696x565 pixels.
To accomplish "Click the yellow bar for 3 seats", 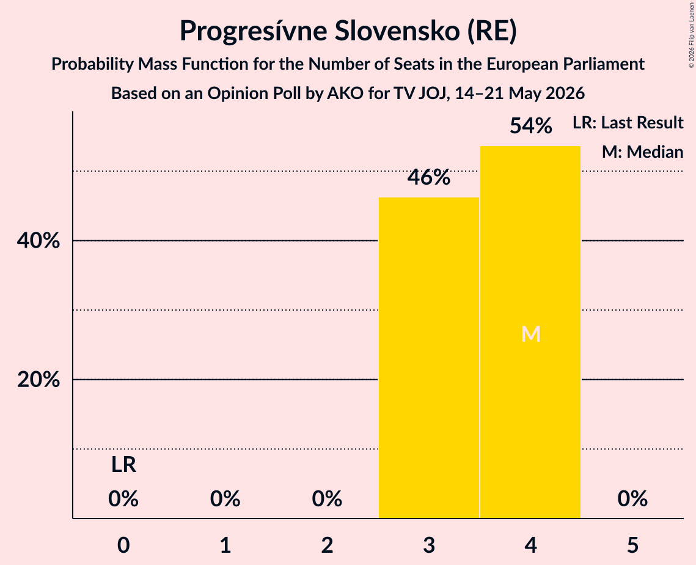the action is pyautogui.click(x=429, y=358).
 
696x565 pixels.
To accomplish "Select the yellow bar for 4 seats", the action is pyautogui.click(x=530, y=332).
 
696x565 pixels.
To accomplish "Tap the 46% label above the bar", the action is pyautogui.click(x=429, y=177).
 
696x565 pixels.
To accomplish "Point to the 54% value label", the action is pyautogui.click(x=531, y=126).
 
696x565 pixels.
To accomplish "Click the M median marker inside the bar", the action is pyautogui.click(x=531, y=334).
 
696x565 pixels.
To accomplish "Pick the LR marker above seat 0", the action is pyautogui.click(x=123, y=465).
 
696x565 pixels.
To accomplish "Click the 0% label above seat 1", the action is pyautogui.click(x=225, y=499).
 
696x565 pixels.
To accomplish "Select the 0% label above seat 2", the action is pyautogui.click(x=327, y=499).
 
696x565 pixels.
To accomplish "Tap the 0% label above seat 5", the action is pyautogui.click(x=632, y=499).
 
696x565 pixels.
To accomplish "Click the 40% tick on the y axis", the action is pyautogui.click(x=38, y=241).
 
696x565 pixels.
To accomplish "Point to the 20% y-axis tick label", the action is pyautogui.click(x=38, y=380).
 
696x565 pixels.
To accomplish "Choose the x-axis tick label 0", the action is pyautogui.click(x=123, y=545).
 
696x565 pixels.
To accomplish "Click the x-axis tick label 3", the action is pyautogui.click(x=429, y=545).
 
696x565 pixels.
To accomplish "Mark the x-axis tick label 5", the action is pyautogui.click(x=632, y=545).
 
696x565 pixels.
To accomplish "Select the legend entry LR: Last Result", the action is pyautogui.click(x=628, y=122).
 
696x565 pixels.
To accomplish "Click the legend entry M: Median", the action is pyautogui.click(x=643, y=152).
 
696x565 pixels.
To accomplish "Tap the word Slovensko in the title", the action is pyautogui.click(x=397, y=31).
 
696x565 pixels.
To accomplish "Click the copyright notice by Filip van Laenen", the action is pyautogui.click(x=692, y=35).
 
